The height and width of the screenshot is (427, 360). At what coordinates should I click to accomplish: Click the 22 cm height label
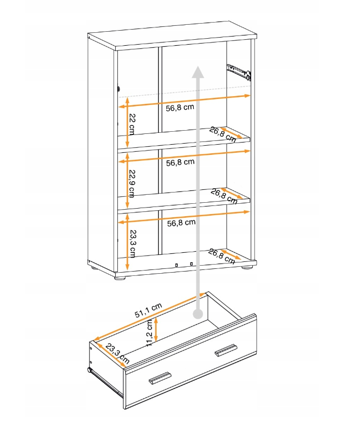pyautogui.click(x=132, y=124)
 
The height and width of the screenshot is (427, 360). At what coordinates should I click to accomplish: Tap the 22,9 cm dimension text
pyautogui.click(x=132, y=183)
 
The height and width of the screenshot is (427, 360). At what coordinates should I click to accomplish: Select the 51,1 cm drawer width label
pyautogui.click(x=149, y=310)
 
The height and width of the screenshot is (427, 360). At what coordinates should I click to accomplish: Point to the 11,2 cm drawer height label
pyautogui.click(x=149, y=333)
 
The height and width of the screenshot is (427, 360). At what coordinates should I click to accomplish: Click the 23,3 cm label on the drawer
pyautogui.click(x=117, y=354)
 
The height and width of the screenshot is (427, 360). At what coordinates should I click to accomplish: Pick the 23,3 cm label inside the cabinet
pyautogui.click(x=133, y=244)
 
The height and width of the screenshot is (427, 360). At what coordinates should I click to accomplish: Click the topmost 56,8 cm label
pyautogui.click(x=180, y=108)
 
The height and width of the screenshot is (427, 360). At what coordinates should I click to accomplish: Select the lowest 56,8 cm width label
pyautogui.click(x=181, y=223)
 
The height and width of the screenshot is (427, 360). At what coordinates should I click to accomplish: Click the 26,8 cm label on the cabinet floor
pyautogui.click(x=222, y=257)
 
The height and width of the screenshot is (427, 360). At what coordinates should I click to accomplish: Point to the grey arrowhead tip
pyautogui.click(x=198, y=66)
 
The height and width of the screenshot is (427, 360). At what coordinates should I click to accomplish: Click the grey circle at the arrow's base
pyautogui.click(x=198, y=314)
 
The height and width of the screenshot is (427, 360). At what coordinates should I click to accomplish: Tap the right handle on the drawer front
pyautogui.click(x=225, y=350)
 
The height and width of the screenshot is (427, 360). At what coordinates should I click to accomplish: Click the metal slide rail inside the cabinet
pyautogui.click(x=239, y=72)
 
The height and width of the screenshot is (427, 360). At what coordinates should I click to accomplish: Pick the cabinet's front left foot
pyautogui.click(x=120, y=279)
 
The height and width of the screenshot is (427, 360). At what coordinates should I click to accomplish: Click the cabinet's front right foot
pyautogui.click(x=247, y=267)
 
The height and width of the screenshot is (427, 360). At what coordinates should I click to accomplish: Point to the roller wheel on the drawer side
pyautogui.click(x=89, y=370)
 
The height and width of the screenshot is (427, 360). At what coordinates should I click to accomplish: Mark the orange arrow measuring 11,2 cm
pyautogui.click(x=156, y=330)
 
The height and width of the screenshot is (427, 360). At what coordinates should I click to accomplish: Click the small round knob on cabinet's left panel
pyautogui.click(x=119, y=89)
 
